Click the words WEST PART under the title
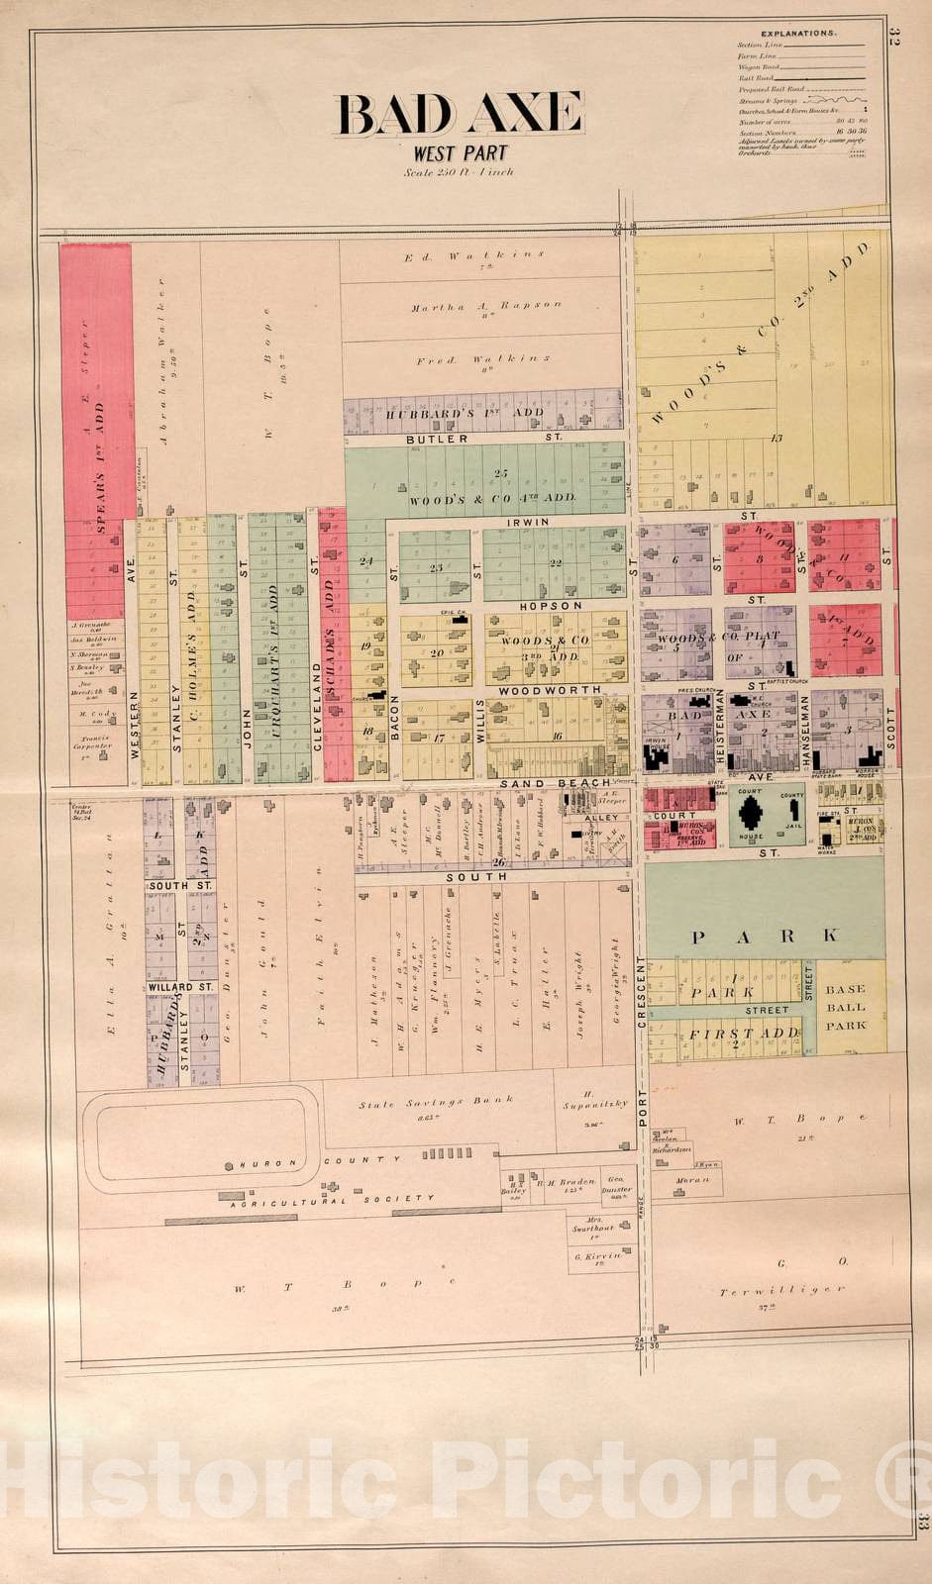click(461, 153)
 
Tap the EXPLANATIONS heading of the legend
click(800, 34)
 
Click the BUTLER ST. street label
click(484, 437)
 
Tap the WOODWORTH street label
click(550, 689)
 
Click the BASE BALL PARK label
click(846, 1007)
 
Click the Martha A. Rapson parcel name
click(486, 306)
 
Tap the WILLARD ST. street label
click(181, 987)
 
